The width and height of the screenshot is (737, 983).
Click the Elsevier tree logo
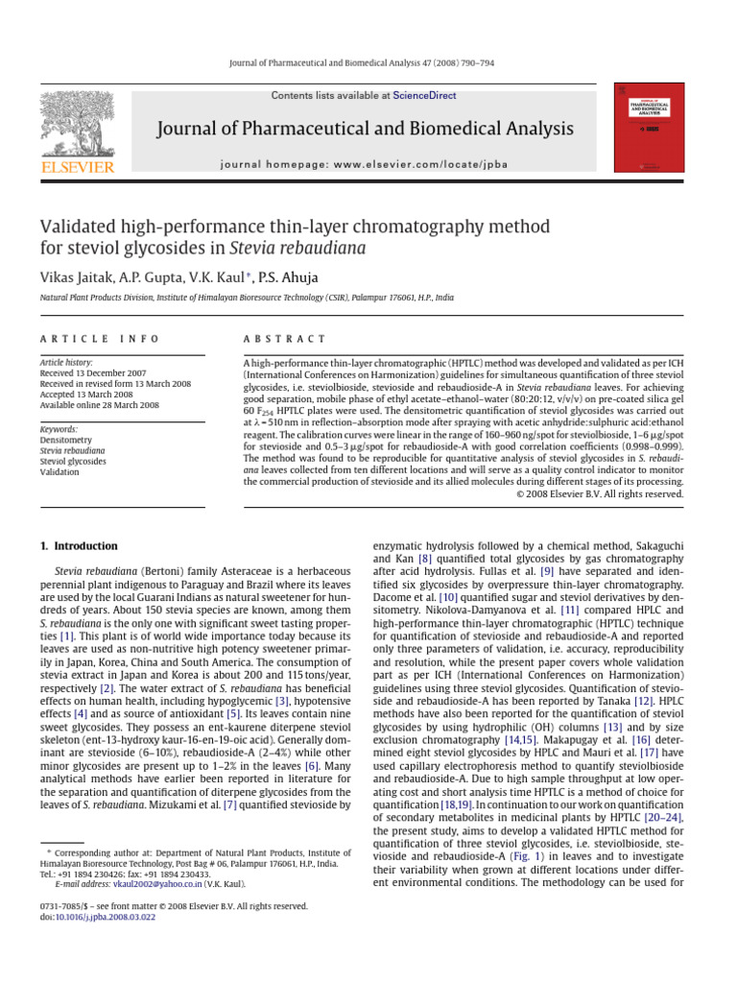(77, 126)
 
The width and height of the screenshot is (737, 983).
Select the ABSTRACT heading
(285, 339)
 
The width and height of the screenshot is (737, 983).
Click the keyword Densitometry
(66, 439)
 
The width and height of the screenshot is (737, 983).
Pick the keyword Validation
(59, 472)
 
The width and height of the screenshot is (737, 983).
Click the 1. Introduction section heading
(78, 546)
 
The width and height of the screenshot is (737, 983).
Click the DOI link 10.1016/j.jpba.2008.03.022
(104, 918)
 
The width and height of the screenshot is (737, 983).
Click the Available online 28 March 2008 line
(100, 405)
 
